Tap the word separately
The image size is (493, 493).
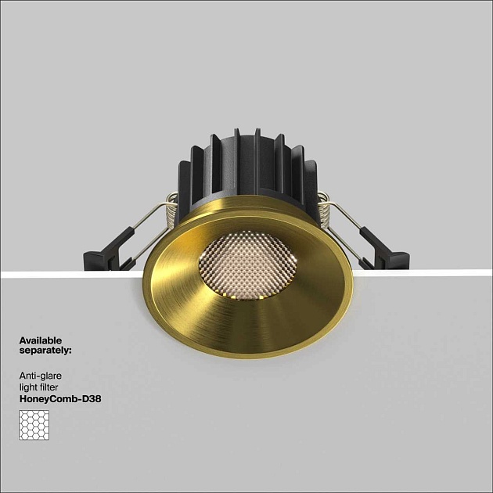[x=44, y=351]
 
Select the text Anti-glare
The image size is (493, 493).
[x=41, y=376]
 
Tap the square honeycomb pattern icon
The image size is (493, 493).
[x=34, y=425]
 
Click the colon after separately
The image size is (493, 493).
[x=70, y=351]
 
